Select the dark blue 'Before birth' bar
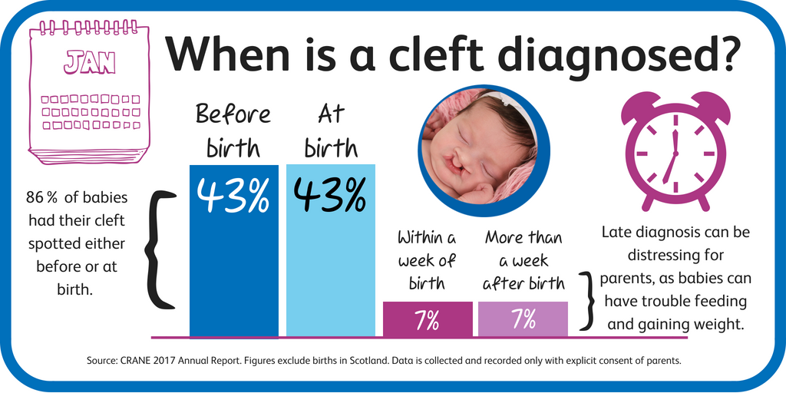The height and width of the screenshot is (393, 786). tap(233, 250)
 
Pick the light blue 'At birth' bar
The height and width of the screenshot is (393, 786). tap(331, 250)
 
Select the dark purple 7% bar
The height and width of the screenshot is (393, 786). tap(428, 319)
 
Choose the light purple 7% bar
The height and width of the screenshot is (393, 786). tap(523, 319)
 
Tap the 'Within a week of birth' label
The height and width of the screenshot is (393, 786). tap(427, 260)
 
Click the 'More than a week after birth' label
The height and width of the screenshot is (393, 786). tap(523, 260)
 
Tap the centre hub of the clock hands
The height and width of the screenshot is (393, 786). tap(675, 153)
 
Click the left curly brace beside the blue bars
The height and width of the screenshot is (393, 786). tap(161, 249)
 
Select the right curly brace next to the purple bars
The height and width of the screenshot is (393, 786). tap(587, 301)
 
